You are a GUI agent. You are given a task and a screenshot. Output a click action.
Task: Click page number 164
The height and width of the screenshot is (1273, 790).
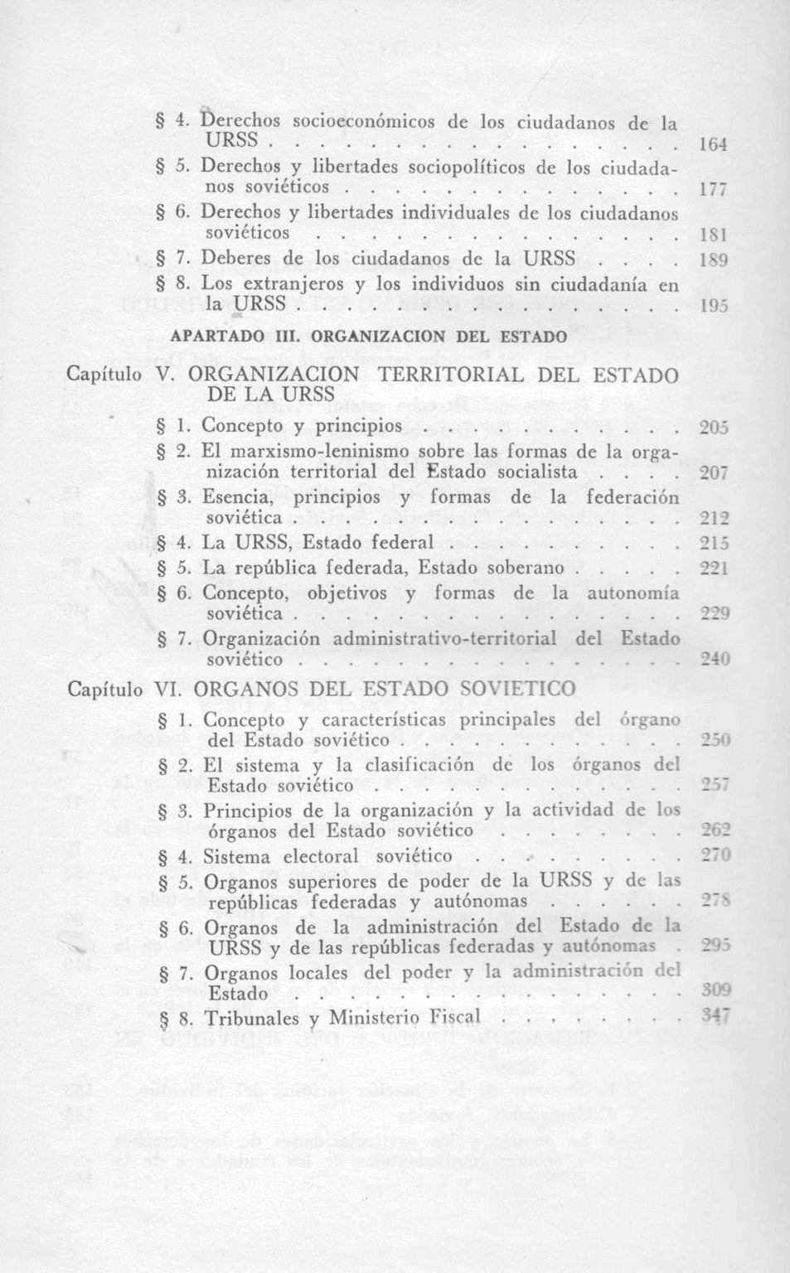(x=712, y=145)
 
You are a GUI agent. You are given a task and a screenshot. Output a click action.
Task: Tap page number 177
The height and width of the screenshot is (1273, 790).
(x=712, y=191)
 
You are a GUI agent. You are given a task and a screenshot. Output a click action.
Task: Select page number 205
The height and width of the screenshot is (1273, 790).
(x=712, y=428)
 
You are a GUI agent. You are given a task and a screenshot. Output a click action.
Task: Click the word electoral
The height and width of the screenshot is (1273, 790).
(x=321, y=856)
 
